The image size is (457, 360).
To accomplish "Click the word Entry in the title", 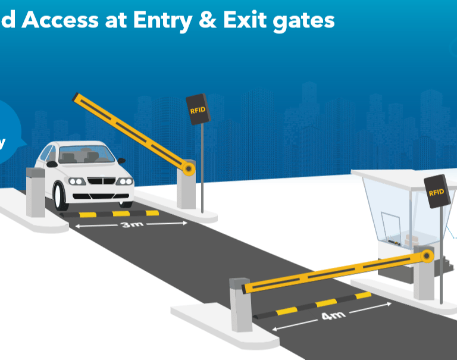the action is coord(165,20).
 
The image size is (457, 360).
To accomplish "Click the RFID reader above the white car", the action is coord(198,109).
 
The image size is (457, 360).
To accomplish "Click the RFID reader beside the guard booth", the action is coord(436,191).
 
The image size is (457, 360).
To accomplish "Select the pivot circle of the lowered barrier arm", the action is coord(426,256).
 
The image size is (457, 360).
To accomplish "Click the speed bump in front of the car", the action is coord(119,213).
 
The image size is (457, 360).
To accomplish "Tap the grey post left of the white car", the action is coord(35,192).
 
